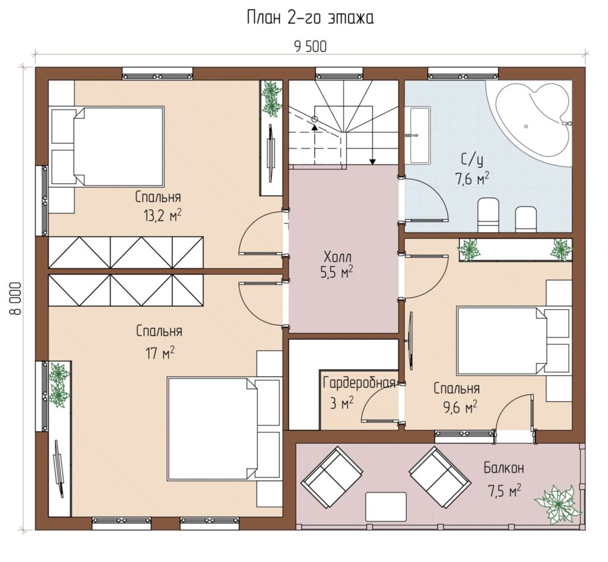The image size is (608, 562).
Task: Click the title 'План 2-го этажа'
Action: [310, 18]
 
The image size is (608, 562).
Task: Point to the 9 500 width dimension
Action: [310, 46]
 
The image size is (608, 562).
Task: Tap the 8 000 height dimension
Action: [16, 299]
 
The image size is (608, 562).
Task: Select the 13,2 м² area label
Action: [163, 215]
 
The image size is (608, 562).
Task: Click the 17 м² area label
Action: [160, 353]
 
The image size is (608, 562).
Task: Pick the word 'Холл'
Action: [337, 256]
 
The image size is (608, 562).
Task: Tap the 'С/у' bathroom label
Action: [472, 160]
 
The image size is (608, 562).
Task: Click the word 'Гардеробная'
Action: [359, 383]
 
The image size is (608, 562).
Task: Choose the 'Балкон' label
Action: [503, 468]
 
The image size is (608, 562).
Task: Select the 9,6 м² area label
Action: [460, 407]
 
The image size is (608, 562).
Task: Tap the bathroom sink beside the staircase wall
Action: [419, 135]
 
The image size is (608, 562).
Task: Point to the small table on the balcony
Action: [386, 507]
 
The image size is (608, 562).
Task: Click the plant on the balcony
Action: [557, 504]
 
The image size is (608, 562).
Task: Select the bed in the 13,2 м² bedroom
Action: [118, 146]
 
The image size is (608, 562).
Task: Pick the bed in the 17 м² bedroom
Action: [213, 428]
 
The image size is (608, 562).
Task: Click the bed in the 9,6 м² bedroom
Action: [502, 340]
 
